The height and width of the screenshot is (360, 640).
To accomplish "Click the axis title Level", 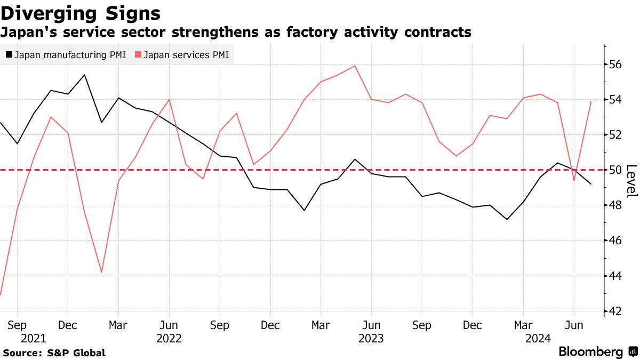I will click(631, 181).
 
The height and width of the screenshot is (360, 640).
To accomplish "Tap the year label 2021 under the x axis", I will click(34, 338).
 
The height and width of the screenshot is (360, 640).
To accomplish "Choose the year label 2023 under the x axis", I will click(371, 338).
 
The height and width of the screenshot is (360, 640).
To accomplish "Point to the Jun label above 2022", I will click(169, 325).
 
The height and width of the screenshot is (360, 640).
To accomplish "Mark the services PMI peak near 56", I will click(355, 66).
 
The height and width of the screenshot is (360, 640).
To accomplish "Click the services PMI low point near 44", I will click(101, 273).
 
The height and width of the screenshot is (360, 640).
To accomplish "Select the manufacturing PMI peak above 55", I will click(85, 75).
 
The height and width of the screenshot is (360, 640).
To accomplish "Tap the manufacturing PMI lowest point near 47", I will click(506, 219).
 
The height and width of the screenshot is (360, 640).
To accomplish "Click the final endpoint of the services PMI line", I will click(590, 101).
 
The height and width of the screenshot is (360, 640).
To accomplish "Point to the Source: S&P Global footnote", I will click(54, 353).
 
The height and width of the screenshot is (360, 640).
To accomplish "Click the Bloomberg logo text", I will click(590, 352).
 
